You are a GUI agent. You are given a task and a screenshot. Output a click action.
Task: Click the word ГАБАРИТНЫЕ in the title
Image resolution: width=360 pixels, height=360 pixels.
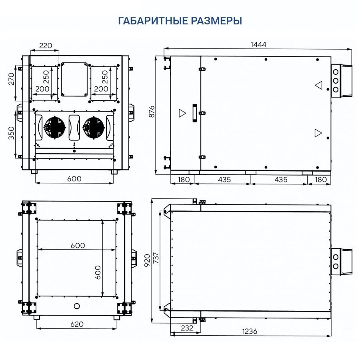pos(150,21)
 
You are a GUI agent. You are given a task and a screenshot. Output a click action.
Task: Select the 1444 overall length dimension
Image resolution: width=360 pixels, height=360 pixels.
pos(258,44)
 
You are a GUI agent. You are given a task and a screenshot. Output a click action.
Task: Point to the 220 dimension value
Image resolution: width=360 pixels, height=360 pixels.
pos(46,46)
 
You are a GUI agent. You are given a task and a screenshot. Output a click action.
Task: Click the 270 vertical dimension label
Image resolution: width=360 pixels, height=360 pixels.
pos(12,79)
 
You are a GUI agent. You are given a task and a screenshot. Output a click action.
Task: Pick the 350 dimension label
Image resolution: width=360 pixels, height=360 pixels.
pos(12,133)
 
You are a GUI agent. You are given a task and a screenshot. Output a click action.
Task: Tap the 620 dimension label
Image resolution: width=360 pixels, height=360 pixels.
pos(76,324)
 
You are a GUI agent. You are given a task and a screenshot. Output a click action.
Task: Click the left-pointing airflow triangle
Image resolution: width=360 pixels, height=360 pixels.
pos(318,85)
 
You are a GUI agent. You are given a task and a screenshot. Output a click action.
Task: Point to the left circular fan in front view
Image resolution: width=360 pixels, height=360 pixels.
pos(54,128)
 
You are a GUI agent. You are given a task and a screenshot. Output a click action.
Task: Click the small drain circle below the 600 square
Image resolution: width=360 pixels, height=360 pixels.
pos(77,306)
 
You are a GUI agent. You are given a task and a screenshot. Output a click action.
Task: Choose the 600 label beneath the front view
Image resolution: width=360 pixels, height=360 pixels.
pos(74,179)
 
